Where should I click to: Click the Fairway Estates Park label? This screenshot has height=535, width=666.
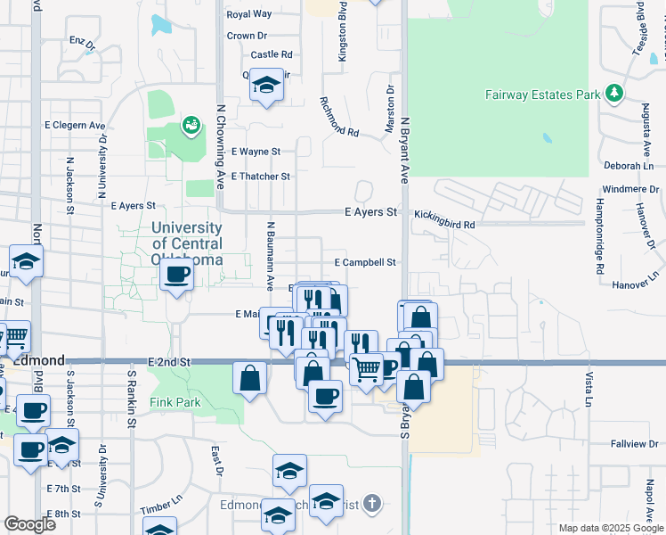click(542, 94)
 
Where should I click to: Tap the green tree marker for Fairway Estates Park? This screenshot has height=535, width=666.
click(613, 94)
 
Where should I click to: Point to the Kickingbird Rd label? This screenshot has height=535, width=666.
click(443, 226)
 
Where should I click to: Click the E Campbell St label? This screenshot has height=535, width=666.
click(364, 263)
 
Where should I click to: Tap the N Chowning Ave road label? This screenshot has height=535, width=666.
click(220, 148)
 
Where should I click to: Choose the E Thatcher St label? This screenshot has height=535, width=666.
click(260, 177)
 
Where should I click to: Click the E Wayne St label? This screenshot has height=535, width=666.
click(256, 152)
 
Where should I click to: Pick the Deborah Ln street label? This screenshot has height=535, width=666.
click(629, 166)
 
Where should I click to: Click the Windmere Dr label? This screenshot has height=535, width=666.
click(630, 189)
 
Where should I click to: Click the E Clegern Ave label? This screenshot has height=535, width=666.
click(74, 126)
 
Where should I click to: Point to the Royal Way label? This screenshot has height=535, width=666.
click(249, 14)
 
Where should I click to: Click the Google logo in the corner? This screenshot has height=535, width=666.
click(29, 524)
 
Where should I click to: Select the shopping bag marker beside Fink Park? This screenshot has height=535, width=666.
click(250, 376)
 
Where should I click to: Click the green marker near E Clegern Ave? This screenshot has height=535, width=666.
click(191, 126)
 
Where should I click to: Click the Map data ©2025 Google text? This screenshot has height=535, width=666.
click(610, 528)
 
